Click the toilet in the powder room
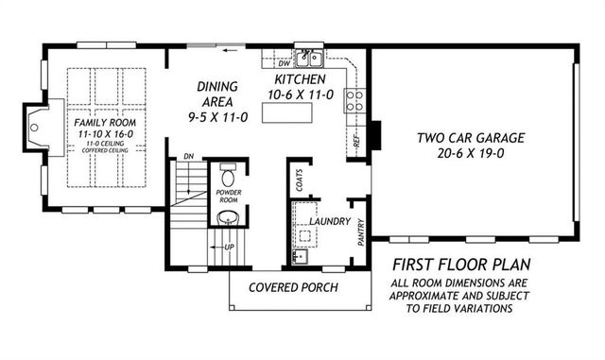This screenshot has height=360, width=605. point(228,176)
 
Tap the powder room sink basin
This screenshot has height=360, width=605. point(229,219)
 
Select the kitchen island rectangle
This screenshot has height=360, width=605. point(287,112)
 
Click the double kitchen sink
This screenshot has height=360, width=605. point(309,59)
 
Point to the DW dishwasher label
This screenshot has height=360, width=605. point(284,63)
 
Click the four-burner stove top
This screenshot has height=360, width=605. point(354,101)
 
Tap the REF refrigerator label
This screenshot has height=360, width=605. point(356,141)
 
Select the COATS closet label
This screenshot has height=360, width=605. point(300,180)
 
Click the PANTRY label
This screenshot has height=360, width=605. point(361,232)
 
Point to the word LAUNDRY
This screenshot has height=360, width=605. point(330,221)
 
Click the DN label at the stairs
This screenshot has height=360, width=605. point(189,156)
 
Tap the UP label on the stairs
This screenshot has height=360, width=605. point(229,247)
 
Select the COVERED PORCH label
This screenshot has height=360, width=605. point(293,287)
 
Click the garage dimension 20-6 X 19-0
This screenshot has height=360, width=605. point(471,154)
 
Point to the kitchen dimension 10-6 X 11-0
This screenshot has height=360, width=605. point(301,94)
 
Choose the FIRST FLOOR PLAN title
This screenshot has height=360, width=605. point(461,265)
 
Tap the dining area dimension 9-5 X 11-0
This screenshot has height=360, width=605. point(218,117)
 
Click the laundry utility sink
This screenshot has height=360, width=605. point(300,256)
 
